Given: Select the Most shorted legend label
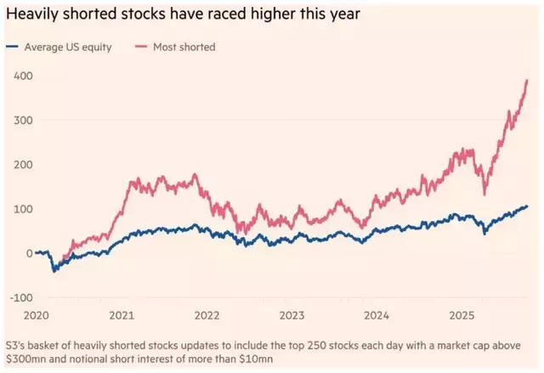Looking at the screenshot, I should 185,47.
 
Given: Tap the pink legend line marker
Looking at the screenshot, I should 142,47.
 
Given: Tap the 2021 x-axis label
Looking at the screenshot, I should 122,314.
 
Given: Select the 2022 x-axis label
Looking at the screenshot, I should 207,314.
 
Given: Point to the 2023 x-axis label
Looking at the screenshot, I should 292,314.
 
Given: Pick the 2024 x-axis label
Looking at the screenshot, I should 377,314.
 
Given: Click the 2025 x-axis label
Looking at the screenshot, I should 462,314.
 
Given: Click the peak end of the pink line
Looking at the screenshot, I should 527,80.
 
